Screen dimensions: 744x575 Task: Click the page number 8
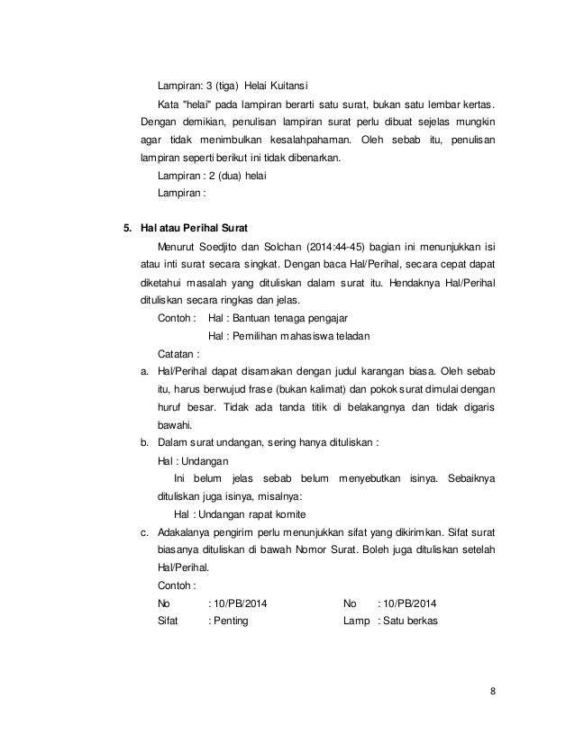tap(492, 691)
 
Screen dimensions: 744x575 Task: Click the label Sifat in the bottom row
tap(169, 621)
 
